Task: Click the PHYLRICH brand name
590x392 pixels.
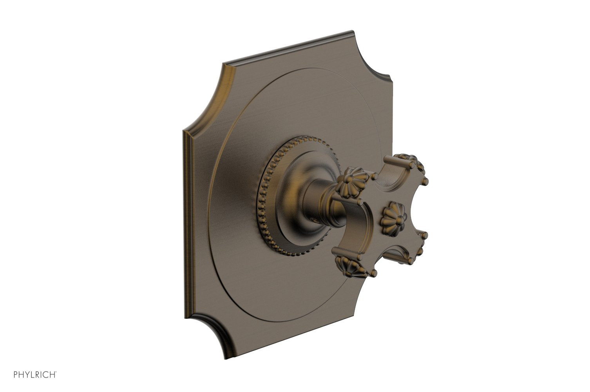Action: click(35, 374)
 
